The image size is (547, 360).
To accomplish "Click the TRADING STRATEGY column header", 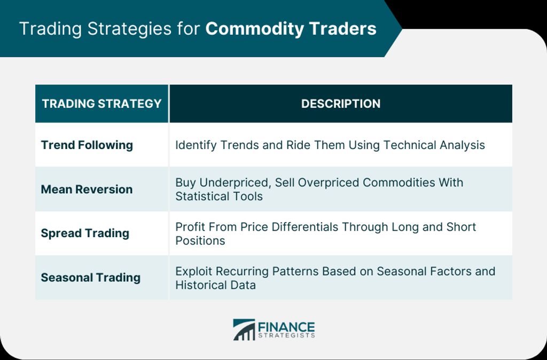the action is (x=101, y=104).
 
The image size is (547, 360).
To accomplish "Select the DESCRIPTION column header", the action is (x=341, y=104).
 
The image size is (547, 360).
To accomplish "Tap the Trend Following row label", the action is (x=87, y=145).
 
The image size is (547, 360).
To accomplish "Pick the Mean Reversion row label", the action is (x=87, y=190).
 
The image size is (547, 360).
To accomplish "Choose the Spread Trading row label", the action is (x=85, y=233).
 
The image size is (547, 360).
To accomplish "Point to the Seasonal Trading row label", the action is (x=91, y=278).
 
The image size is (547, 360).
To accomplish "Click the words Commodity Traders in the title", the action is (x=291, y=29).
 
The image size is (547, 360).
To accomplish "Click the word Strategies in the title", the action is (x=129, y=29).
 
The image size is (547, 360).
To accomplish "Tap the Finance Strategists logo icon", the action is (x=244, y=330).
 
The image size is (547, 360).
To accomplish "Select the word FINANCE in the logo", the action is (x=286, y=327).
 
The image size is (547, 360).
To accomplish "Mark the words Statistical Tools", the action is (x=218, y=197).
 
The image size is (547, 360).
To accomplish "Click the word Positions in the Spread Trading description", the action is (x=200, y=241).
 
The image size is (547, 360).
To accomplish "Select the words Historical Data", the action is (x=216, y=285).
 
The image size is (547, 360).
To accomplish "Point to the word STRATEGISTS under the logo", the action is (x=286, y=335).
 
